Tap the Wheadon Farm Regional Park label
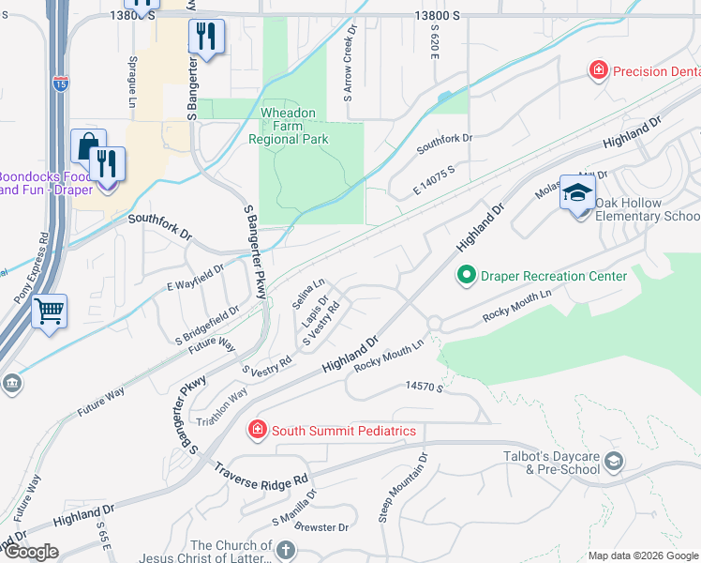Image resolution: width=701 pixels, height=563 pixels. pos(289,126)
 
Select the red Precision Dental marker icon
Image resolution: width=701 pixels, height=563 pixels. pos(597,69)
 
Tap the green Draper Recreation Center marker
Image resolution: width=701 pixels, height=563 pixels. pos(466,276)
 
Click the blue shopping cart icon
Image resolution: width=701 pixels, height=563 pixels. pos(49,311)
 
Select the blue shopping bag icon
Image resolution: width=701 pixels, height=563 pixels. pos(87,146)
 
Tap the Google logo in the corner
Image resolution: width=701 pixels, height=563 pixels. pos(31,552)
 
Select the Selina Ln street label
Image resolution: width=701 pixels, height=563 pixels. pos(307,293)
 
